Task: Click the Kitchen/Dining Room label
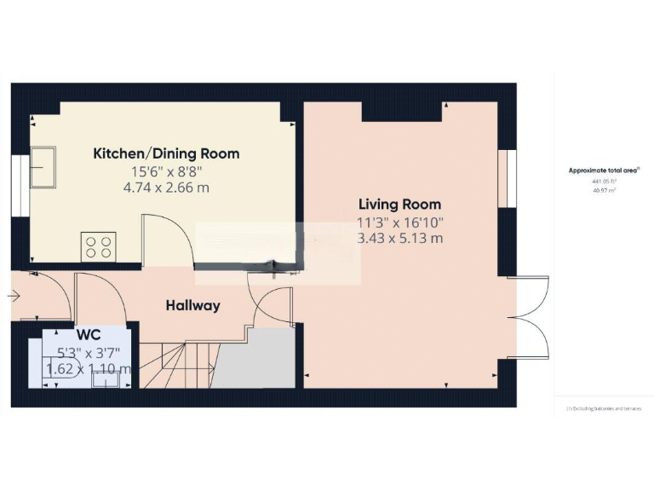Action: [x=166, y=154]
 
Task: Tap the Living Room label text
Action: [x=399, y=205]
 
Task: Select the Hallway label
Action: [x=193, y=305]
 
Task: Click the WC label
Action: [x=89, y=335]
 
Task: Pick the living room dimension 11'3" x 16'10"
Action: [x=399, y=222]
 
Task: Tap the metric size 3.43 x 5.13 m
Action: [x=399, y=239]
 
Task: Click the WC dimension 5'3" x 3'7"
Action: [x=89, y=352]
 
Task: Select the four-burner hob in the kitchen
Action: [x=97, y=246]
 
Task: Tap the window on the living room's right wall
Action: [x=508, y=178]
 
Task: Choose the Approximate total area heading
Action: [x=604, y=170]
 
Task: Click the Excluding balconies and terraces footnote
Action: [x=604, y=409]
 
